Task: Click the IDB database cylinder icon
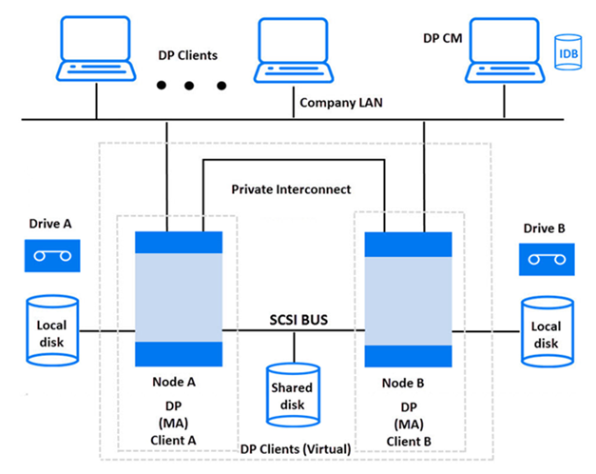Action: tap(567, 51)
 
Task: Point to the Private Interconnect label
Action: tap(291, 189)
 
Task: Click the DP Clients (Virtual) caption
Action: tap(296, 448)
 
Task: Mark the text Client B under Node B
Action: tap(410, 442)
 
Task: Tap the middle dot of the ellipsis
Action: tap(188, 86)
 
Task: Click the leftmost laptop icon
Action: tap(95, 49)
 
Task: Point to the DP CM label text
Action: tap(441, 39)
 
